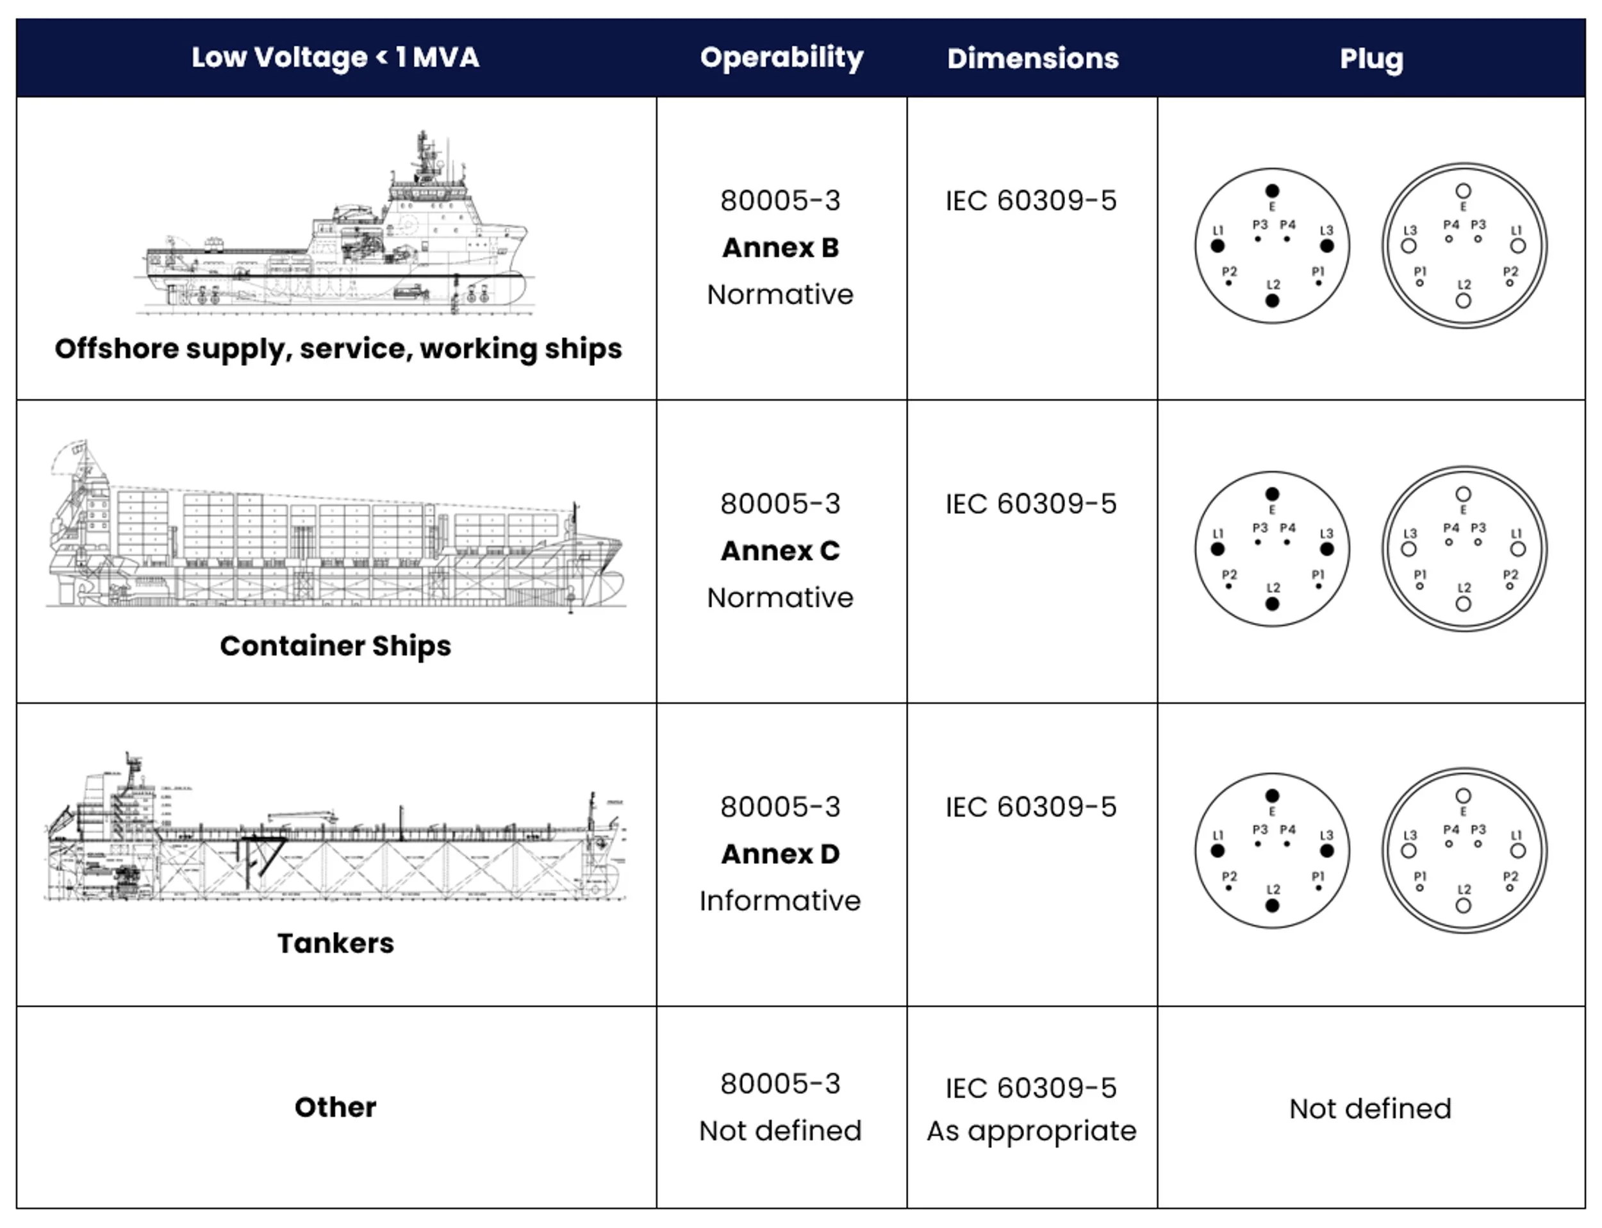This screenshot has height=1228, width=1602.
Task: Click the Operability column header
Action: click(781, 57)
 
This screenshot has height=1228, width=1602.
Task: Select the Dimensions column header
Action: click(1032, 58)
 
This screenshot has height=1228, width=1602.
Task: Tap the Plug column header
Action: click(1371, 58)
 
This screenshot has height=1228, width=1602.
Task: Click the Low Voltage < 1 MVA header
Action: click(335, 57)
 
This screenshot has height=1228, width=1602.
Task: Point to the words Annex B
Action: click(780, 248)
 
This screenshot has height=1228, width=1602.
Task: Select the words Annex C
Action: click(780, 551)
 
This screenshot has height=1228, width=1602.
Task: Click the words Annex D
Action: click(780, 854)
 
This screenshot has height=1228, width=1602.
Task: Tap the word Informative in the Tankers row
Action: click(780, 900)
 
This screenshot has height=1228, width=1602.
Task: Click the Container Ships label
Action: click(335, 645)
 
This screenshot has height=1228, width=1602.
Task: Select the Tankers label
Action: click(335, 943)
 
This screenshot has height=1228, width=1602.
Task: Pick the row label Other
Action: click(335, 1107)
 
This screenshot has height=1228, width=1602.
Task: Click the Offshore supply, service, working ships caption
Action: click(338, 349)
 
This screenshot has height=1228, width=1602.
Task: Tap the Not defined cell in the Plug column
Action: click(1370, 1109)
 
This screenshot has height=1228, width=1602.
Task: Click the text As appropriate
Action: click(1032, 1131)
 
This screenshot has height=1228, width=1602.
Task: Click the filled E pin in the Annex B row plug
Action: click(1273, 191)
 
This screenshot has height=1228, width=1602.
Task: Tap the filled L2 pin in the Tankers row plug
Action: click(1273, 906)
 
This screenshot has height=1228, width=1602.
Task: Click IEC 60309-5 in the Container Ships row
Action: click(1031, 504)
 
